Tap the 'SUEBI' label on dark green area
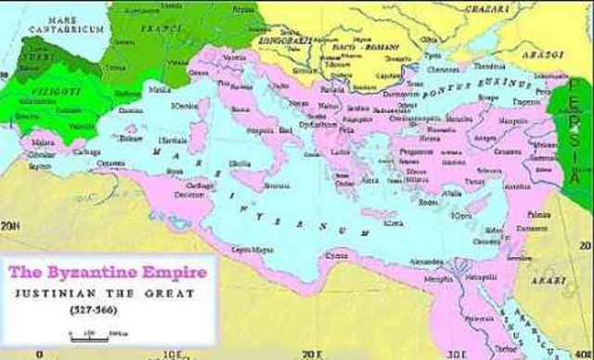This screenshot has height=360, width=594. [x=40, y=54]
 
